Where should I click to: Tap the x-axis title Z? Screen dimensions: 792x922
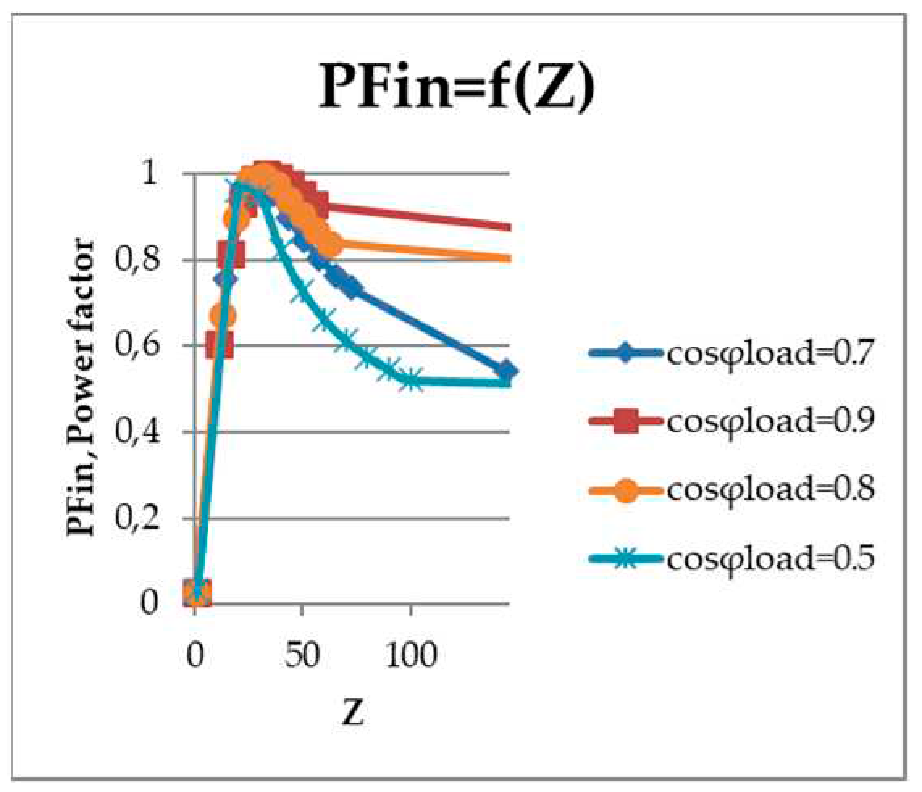click(354, 711)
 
